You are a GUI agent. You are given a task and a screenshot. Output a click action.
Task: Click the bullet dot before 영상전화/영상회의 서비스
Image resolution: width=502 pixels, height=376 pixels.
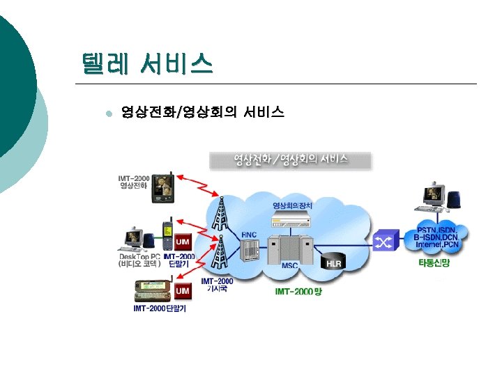tap(107, 113)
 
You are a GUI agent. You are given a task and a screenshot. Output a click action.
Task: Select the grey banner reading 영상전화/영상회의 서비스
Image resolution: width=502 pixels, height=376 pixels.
tap(291, 159)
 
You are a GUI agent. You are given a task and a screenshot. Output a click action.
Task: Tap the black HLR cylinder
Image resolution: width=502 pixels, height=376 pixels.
tap(334, 262)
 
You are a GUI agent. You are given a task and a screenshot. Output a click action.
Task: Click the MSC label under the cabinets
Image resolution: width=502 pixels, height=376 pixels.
tap(289, 266)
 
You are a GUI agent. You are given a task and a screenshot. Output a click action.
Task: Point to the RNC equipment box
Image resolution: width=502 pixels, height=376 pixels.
tap(249, 250)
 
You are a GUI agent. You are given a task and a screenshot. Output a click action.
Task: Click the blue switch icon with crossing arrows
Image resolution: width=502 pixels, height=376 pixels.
tap(382, 242)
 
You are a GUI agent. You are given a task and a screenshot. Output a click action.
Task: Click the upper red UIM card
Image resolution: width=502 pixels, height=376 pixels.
tap(183, 242)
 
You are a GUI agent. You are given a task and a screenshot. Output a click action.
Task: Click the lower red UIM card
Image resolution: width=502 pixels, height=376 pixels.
tap(183, 290)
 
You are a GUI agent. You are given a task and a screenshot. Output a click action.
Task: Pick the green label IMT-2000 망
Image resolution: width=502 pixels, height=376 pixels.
tap(298, 292)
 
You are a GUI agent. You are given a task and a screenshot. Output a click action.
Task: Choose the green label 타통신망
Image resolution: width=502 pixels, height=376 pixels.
tap(436, 262)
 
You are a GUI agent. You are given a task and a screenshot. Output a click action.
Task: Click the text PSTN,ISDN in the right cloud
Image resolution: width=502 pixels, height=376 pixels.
tap(437, 230)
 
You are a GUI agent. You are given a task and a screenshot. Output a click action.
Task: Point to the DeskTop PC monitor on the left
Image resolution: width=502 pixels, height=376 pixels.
tap(132, 236)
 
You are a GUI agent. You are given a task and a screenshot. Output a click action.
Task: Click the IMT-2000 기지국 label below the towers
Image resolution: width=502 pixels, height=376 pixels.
tap(217, 285)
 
